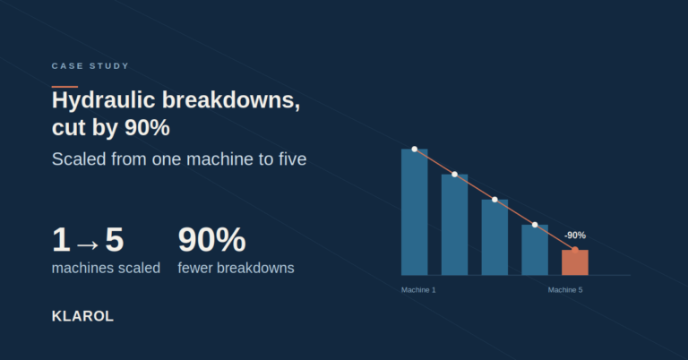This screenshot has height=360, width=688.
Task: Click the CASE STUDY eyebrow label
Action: pos(90,66)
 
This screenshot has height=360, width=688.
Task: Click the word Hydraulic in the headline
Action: pos(104,100)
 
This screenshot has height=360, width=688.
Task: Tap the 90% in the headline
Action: pos(147,127)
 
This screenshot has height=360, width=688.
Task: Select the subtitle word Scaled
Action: pos(79,159)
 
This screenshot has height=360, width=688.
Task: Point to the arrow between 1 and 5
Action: pos(87,244)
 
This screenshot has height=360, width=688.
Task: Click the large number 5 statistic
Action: pos(115,239)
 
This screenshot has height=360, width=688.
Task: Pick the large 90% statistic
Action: pos(211,239)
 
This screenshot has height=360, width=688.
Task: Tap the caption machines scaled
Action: pos(107,268)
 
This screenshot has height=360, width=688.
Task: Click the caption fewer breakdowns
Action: pos(236,268)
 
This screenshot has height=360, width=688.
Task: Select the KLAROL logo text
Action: pos(82,316)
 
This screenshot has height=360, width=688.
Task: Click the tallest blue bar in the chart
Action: pos(414,212)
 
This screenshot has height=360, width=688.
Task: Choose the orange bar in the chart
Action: pos(575,262)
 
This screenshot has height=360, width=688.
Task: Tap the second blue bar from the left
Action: pos(454,225)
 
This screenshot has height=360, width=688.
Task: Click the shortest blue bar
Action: pos(535,250)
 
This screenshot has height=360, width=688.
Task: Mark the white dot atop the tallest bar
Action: pos(414,149)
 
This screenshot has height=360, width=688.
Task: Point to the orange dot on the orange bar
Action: pos(575,250)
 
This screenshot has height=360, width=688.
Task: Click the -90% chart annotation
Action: pos(575,236)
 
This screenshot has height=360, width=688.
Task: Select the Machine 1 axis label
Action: pos(418,290)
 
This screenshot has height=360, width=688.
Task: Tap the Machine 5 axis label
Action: pos(565,290)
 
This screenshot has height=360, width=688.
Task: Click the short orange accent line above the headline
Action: pos(64,87)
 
